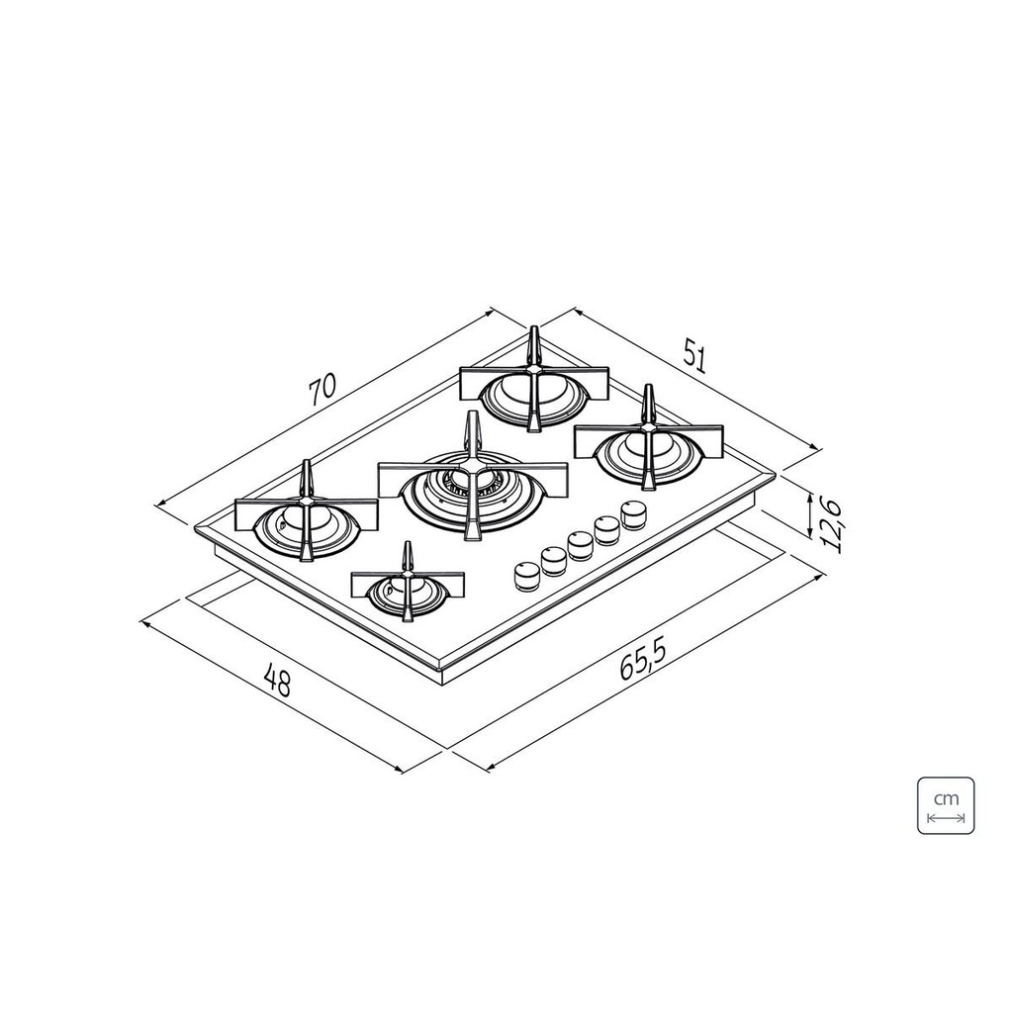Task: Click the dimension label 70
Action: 322,389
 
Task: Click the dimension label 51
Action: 694,359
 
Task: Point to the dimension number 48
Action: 279,683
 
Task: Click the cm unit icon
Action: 946,805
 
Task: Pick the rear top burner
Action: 533,388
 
